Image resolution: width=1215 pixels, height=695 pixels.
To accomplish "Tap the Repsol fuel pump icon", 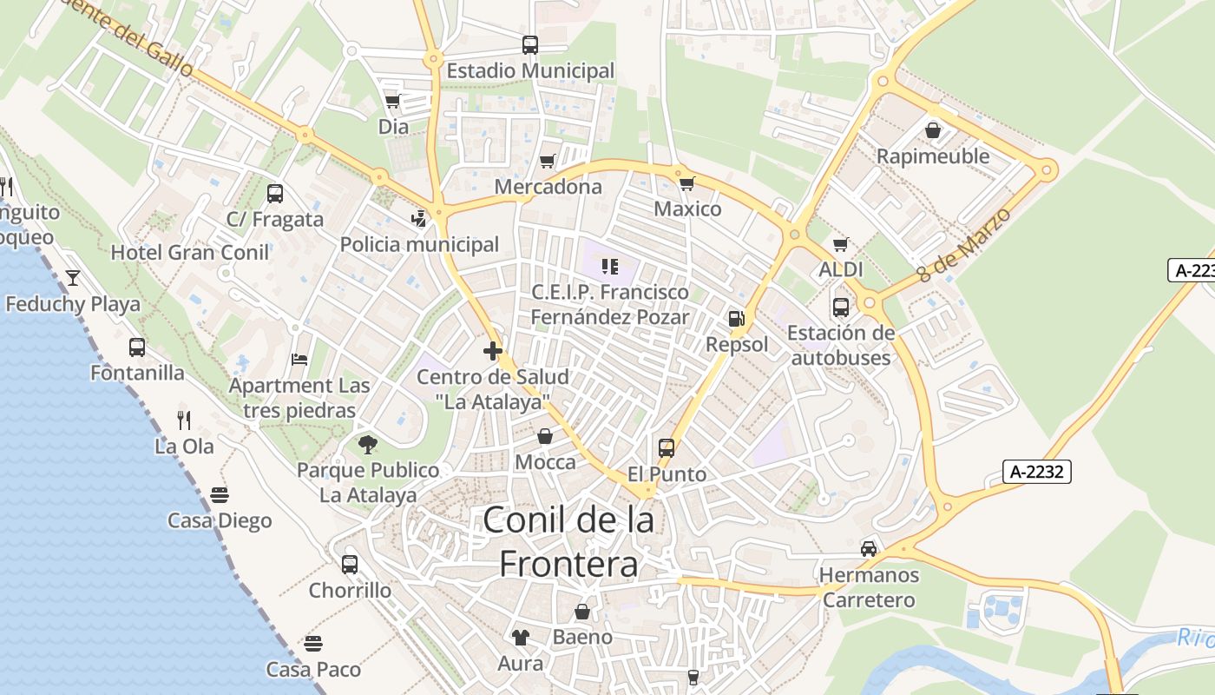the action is tap(736, 319).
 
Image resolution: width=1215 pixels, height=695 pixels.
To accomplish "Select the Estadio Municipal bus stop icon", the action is tap(529, 44).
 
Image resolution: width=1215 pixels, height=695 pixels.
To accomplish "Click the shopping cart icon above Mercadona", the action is tap(547, 161).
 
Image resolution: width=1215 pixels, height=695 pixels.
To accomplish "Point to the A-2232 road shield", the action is tap(1038, 472).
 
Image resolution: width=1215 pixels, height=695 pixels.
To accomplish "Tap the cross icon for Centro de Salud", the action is tap(493, 351).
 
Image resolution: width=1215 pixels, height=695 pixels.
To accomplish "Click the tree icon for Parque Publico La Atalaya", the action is tap(368, 445).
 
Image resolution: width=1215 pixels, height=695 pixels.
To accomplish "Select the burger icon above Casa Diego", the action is tap(219, 495).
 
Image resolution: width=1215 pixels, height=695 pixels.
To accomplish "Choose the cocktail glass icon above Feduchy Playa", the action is tap(73, 278).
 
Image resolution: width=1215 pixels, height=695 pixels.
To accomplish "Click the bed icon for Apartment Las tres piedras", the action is tap(299, 359).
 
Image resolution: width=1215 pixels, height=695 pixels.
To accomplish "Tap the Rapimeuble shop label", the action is tap(933, 156).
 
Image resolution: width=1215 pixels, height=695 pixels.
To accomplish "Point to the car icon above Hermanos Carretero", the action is tap(869, 548).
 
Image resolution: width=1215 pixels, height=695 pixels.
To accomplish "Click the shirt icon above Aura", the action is tap(520, 638).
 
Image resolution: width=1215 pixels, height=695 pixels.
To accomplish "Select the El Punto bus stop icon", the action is tap(667, 448).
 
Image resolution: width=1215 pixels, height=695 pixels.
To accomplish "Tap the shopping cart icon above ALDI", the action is tap(840, 244).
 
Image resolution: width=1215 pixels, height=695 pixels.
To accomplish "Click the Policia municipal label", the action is tap(419, 244).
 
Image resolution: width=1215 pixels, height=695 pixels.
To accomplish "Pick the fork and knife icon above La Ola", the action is tap(184, 420).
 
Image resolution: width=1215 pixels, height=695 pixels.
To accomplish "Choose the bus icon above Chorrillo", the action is tap(350, 565).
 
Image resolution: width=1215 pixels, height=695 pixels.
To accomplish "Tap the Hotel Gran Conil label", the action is tap(190, 253).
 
